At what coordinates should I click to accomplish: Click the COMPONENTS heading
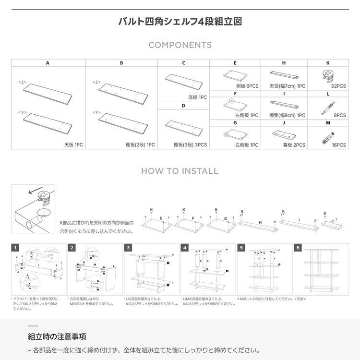tap(180, 45)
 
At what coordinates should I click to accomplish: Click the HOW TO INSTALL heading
tap(180, 171)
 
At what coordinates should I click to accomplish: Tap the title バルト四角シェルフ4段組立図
tap(180, 22)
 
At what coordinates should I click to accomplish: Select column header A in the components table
tap(48, 63)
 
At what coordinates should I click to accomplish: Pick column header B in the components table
tap(121, 63)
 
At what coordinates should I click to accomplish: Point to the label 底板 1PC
tap(197, 97)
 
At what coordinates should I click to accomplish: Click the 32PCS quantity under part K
tap(338, 86)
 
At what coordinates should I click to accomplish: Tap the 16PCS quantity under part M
tap(338, 144)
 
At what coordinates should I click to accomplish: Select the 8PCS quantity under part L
tap(339, 115)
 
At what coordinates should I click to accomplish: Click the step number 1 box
tap(16, 248)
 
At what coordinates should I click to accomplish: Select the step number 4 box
tap(185, 248)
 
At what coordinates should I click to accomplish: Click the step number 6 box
tap(298, 248)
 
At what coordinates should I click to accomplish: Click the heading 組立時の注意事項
tap(57, 336)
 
